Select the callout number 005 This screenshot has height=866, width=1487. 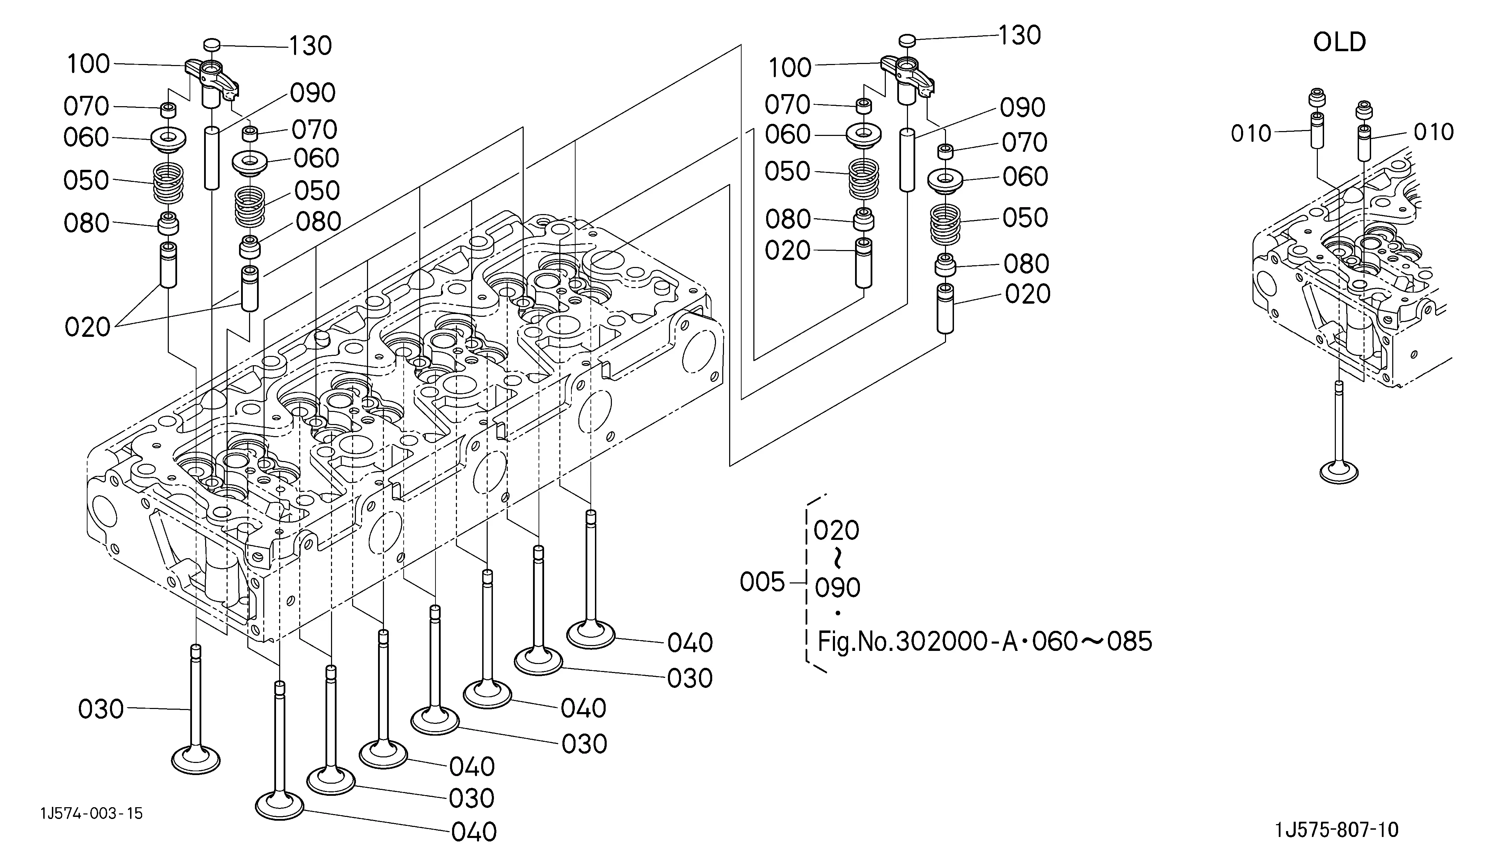(x=762, y=583)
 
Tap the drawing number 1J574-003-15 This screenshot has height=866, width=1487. (x=91, y=813)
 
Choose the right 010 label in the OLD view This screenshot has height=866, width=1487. (x=1434, y=132)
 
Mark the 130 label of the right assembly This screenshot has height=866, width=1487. (x=1020, y=35)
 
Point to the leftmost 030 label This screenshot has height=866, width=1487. (x=101, y=709)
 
